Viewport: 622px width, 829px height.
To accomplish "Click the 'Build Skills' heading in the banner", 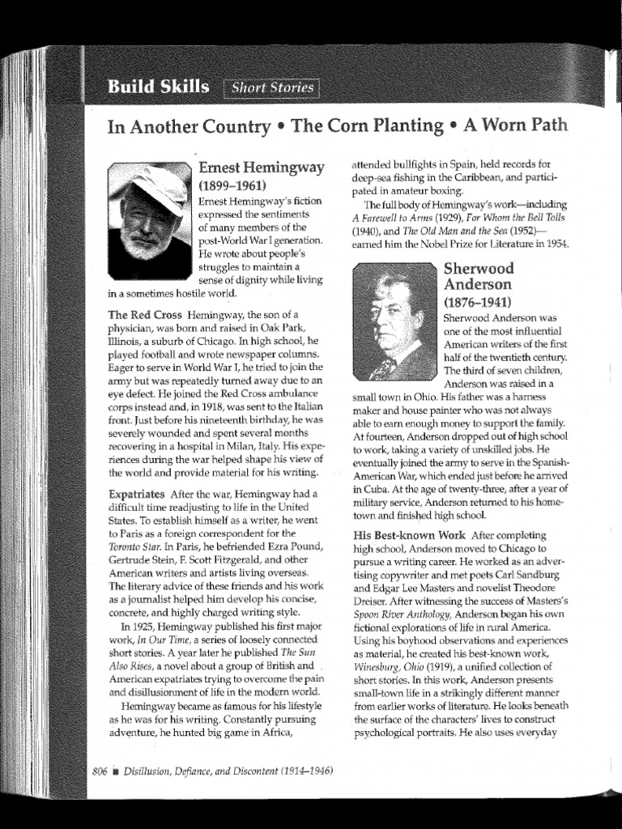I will coord(158,87).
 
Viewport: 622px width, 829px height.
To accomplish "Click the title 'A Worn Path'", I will coord(515,125).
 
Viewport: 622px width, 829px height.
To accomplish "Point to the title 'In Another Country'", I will coord(189,127).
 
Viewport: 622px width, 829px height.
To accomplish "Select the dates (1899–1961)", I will coord(232,185).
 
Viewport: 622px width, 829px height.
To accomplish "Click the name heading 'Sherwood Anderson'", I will coord(478,277).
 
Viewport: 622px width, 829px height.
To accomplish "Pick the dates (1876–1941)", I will coord(477,302).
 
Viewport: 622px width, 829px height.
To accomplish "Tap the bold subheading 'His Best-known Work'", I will coord(409,536).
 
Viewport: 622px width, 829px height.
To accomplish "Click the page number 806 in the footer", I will coord(100,771).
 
